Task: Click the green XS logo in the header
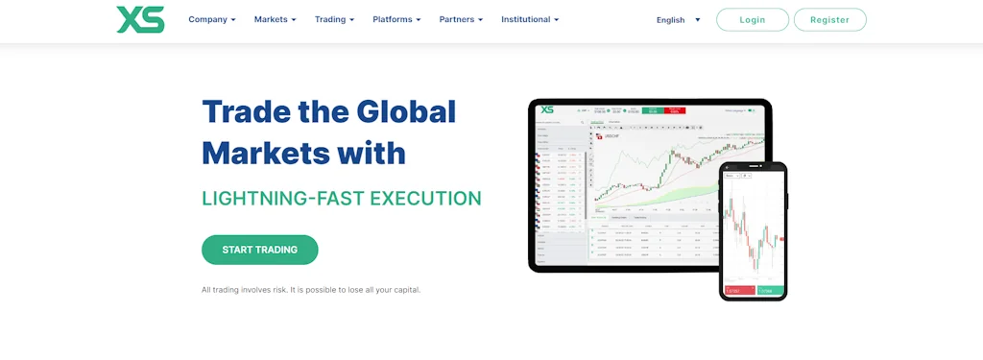coord(140,19)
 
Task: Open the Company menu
coord(211,19)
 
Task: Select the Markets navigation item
coord(275,19)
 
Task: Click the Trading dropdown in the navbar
coord(334,19)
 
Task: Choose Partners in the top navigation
coord(461,19)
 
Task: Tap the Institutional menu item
coord(529,19)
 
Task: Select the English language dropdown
coord(678,19)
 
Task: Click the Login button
coord(753,19)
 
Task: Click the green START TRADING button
coord(259,250)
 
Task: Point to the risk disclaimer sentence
coord(311,290)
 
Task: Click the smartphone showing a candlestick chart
coord(753,230)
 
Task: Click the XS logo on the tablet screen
coord(547,109)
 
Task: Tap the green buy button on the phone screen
coord(769,289)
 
